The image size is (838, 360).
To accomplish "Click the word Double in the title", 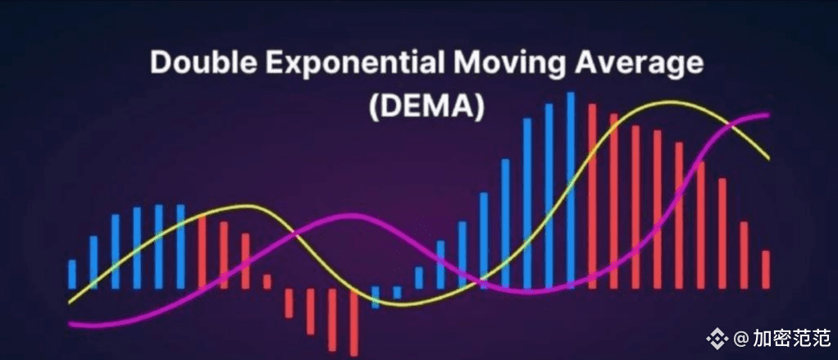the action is pos(194,63).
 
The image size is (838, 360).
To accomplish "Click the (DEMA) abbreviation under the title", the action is pos(426,106).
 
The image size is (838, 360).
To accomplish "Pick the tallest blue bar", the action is pos(570,190).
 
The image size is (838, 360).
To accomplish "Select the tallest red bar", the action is pos(592,196).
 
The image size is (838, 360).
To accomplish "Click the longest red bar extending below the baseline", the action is pos(353,322).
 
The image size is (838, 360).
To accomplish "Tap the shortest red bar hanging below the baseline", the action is pos(289,303).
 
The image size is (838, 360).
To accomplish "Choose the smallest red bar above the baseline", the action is pos(266,282).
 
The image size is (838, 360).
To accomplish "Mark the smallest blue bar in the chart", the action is pos(397,292).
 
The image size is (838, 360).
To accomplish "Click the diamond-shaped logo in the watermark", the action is pos(717,338).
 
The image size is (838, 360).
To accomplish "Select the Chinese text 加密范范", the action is pos(791,338).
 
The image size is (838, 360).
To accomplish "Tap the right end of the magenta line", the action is pos(767,115).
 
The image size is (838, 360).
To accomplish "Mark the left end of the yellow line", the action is pos(70,303).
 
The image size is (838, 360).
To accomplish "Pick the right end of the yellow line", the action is pos(768,158).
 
